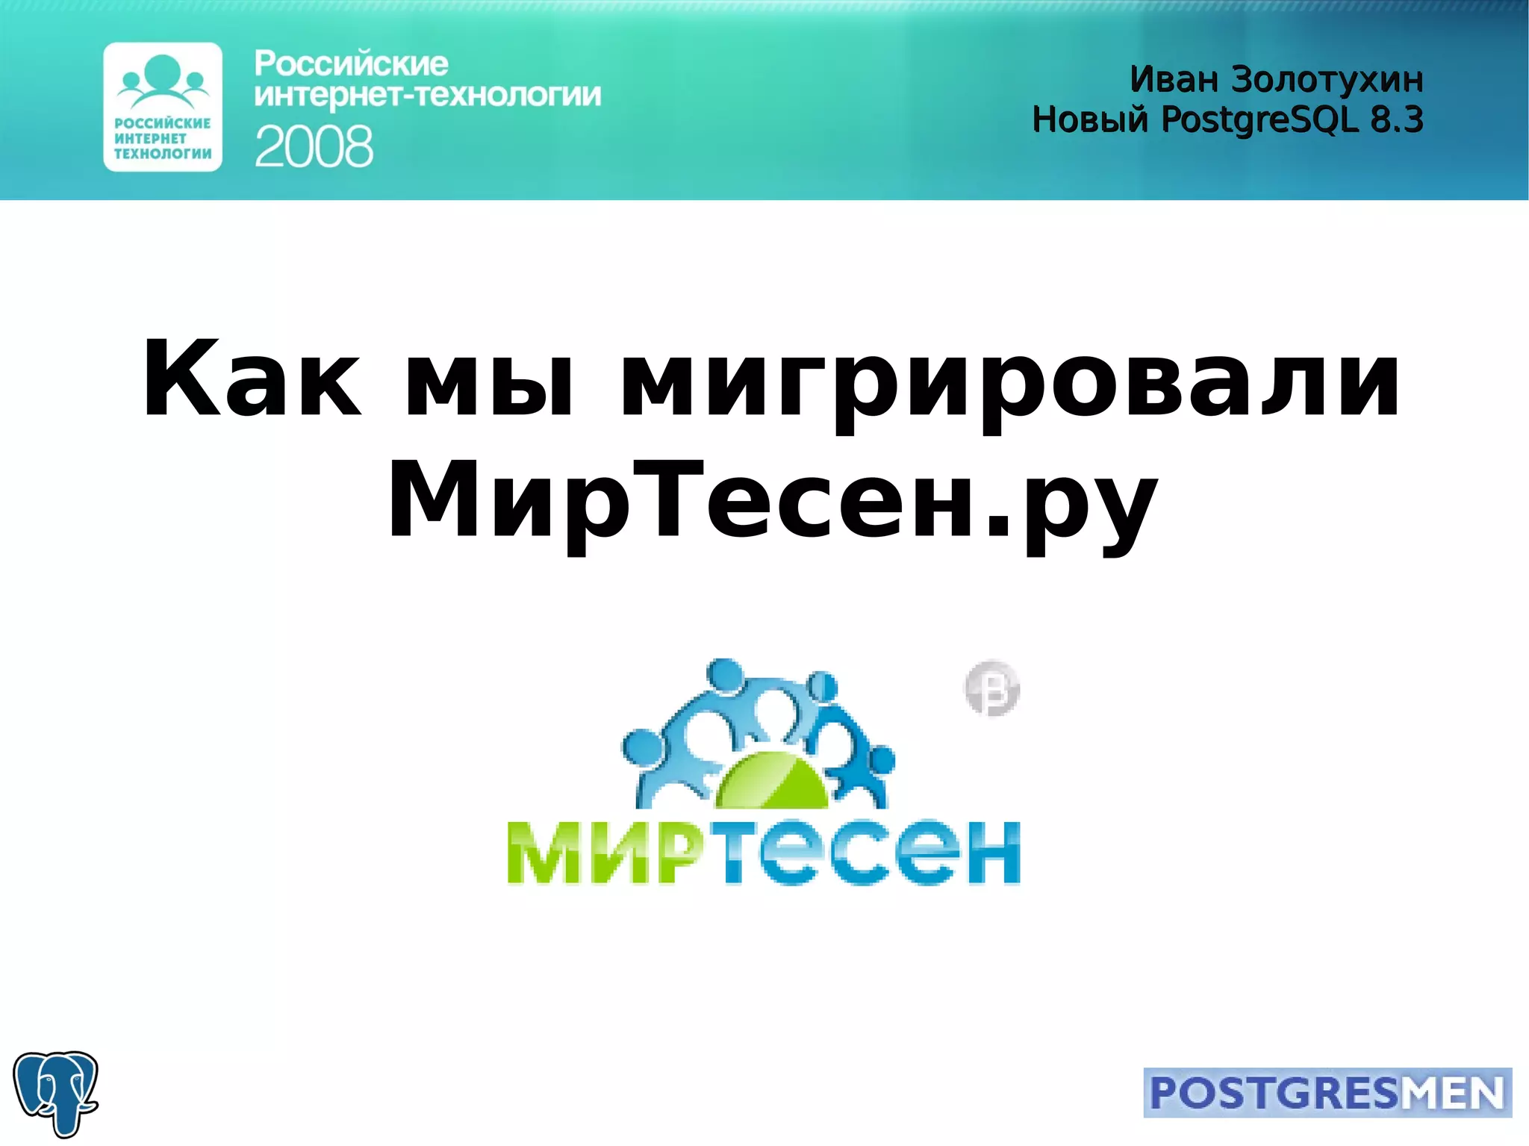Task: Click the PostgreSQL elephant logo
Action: pyautogui.click(x=56, y=1093)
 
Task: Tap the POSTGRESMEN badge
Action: pyautogui.click(x=1327, y=1092)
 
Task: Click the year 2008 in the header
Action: pyautogui.click(x=314, y=146)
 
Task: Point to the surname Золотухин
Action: pyautogui.click(x=1327, y=79)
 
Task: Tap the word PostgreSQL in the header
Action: pyautogui.click(x=1260, y=119)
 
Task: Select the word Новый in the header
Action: pyautogui.click(x=1090, y=119)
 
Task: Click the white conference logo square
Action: pyautogui.click(x=163, y=107)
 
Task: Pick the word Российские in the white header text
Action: pyautogui.click(x=351, y=64)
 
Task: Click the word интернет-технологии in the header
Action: pyautogui.click(x=427, y=96)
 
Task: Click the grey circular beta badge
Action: pyautogui.click(x=992, y=688)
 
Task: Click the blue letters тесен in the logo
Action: pyautogui.click(x=871, y=853)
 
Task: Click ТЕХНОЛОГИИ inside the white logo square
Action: pyautogui.click(x=163, y=154)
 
